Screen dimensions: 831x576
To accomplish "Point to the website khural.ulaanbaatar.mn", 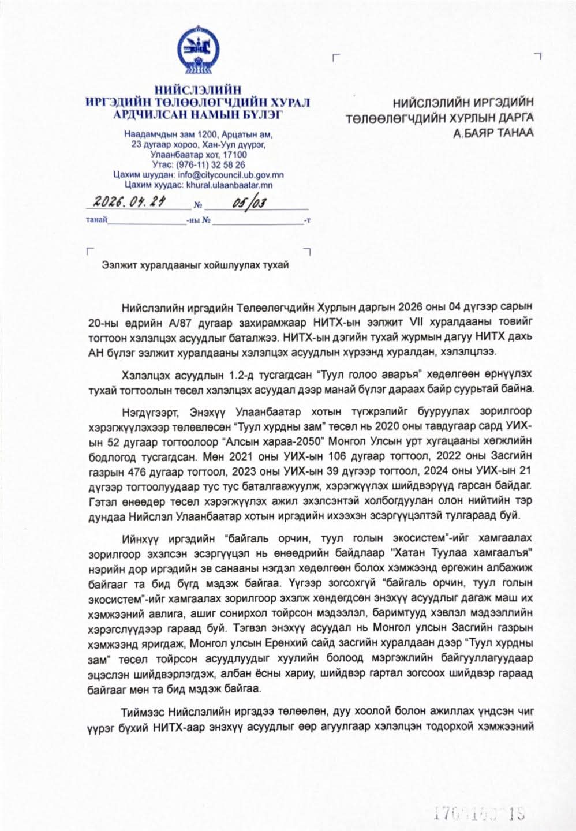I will (x=229, y=185).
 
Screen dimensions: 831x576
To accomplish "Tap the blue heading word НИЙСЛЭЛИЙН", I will (x=197, y=91).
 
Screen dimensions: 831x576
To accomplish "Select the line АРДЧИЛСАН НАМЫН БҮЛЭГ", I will (x=197, y=114).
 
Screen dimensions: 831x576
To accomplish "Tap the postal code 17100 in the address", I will (x=235, y=155).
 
